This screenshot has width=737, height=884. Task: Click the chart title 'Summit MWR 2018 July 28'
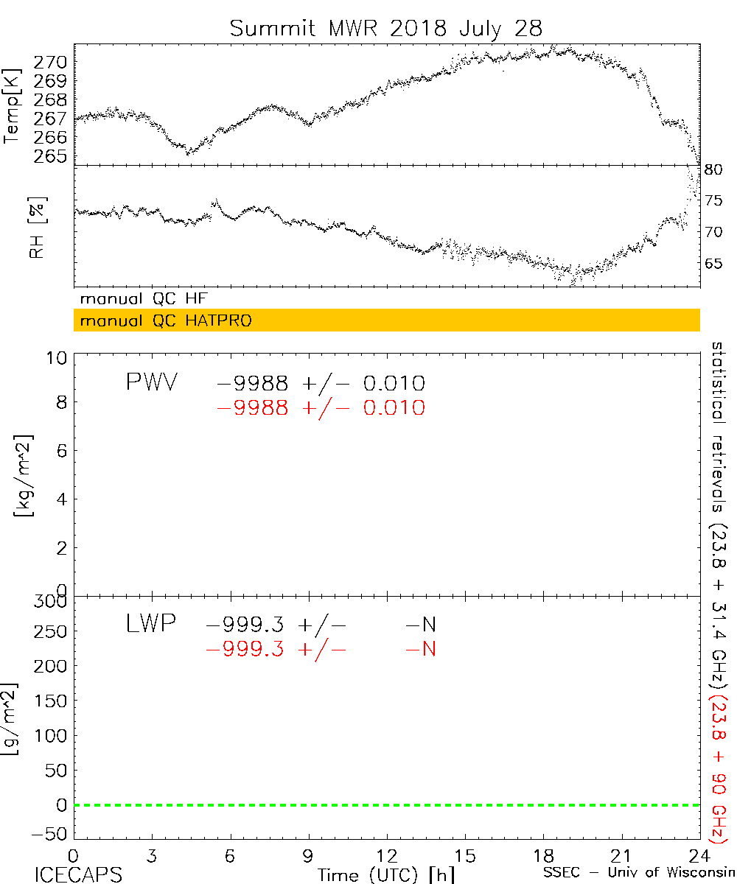(x=385, y=28)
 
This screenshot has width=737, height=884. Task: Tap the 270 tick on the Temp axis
(x=55, y=61)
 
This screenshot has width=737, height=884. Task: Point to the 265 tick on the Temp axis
(x=55, y=156)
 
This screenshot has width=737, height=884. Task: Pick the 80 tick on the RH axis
(x=713, y=169)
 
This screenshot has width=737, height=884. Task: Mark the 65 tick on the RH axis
(x=713, y=263)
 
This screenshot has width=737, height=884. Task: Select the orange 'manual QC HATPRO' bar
(x=386, y=320)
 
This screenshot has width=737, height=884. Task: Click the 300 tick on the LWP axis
(x=51, y=601)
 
